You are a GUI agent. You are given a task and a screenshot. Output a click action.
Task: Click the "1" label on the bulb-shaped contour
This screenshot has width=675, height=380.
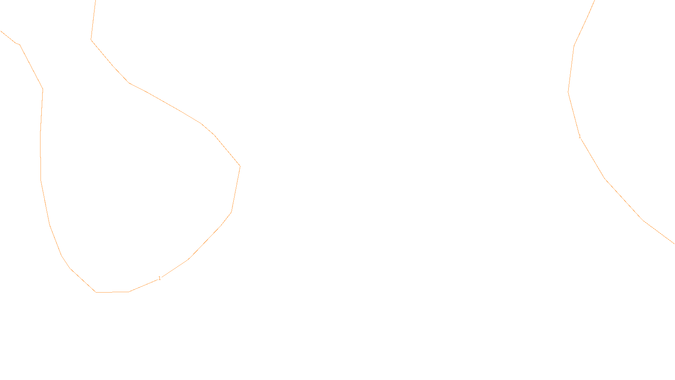point(159,278)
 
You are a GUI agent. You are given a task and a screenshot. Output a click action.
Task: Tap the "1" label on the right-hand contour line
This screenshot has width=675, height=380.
point(580,136)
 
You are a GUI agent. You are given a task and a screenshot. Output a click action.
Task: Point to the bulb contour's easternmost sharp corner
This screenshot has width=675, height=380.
point(240,166)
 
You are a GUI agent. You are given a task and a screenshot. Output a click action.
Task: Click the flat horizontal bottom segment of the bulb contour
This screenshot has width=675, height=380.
point(112,292)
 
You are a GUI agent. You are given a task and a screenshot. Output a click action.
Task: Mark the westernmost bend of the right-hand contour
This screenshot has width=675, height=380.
point(568,92)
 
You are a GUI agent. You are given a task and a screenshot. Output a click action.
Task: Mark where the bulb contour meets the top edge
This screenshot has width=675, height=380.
point(95,1)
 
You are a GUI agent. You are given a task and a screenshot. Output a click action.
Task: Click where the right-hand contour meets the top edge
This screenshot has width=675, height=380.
point(594,1)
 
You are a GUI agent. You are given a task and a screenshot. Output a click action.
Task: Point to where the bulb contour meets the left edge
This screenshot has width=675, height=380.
point(1,31)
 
